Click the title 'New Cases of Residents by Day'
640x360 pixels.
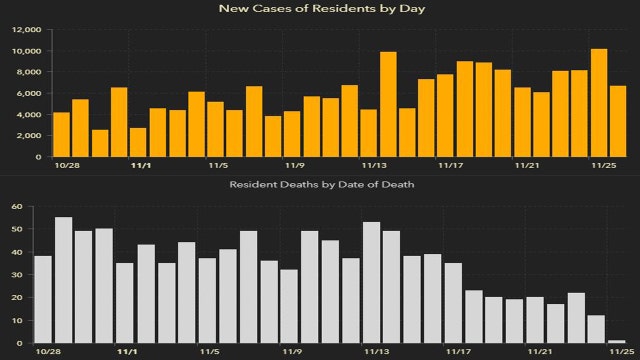tap(319, 9)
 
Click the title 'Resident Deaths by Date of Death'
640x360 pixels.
tap(319, 185)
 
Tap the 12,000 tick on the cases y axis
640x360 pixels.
tap(26, 29)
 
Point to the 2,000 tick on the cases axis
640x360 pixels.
tap(30, 135)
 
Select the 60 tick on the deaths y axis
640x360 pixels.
tap(17, 207)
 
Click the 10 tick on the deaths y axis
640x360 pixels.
tap(17, 320)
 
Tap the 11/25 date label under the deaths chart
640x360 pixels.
tap(603, 352)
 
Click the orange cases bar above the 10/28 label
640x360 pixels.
tap(61, 134)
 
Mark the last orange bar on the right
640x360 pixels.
tap(617, 121)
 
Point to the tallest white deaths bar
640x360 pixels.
tap(63, 280)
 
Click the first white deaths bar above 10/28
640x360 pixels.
tap(43, 299)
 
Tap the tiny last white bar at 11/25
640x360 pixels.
tap(617, 342)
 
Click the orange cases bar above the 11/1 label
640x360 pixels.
tap(138, 142)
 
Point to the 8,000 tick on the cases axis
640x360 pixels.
tap(30, 72)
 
